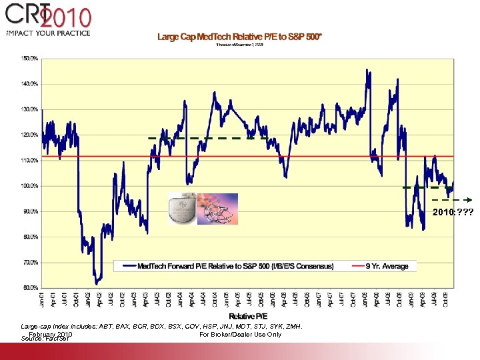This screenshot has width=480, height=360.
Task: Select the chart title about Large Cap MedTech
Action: [239, 37]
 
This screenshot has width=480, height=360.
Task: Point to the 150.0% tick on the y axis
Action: [29, 59]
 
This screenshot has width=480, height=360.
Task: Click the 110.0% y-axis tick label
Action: [29, 161]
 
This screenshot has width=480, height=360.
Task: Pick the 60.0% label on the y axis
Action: [29, 288]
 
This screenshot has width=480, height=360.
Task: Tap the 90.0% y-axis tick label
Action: [29, 211]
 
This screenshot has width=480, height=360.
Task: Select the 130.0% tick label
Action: [29, 109]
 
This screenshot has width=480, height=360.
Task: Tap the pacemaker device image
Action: [182, 208]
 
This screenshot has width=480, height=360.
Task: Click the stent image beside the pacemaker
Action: [218, 209]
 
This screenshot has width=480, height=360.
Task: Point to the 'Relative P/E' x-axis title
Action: [248, 315]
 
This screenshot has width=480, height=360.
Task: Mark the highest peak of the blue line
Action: [367, 69]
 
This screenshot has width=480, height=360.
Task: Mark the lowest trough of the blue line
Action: [97, 283]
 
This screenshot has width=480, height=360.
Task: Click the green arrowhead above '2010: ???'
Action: [469, 199]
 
